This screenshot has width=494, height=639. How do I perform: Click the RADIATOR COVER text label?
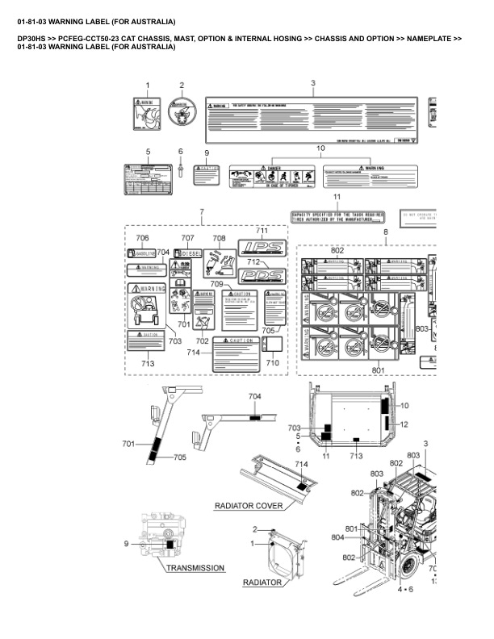[x=249, y=507]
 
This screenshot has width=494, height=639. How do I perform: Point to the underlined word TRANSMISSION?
[x=195, y=568]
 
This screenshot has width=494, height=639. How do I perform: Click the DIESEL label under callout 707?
[x=190, y=253]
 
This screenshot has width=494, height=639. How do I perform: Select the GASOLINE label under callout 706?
[x=141, y=253]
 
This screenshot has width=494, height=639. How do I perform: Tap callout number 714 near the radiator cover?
[x=301, y=465]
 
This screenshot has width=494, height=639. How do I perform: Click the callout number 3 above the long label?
[x=312, y=84]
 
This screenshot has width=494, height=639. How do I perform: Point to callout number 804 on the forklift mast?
[x=360, y=537]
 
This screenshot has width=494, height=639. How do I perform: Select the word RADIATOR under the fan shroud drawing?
[x=262, y=582]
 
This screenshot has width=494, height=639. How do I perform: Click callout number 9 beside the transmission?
[x=127, y=544]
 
